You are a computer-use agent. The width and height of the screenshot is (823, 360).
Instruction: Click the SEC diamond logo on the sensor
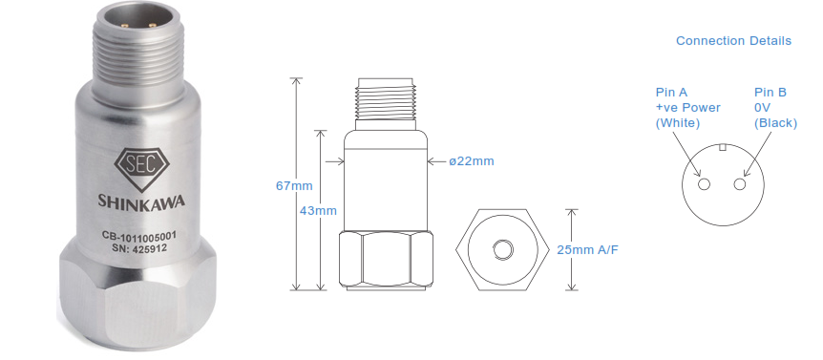coord(141,167)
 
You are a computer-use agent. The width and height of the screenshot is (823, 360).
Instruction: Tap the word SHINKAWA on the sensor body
coord(141,201)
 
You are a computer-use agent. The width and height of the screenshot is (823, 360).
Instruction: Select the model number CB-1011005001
coord(139,238)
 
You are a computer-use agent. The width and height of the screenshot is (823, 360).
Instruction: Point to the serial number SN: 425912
coord(139,249)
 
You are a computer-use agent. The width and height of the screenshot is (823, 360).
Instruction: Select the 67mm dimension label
coord(294,186)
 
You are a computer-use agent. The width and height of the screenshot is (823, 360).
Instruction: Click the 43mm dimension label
coord(318,210)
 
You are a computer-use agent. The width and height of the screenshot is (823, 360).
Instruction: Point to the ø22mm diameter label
coord(472,161)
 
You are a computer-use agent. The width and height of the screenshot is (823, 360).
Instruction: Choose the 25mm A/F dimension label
coord(587,250)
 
